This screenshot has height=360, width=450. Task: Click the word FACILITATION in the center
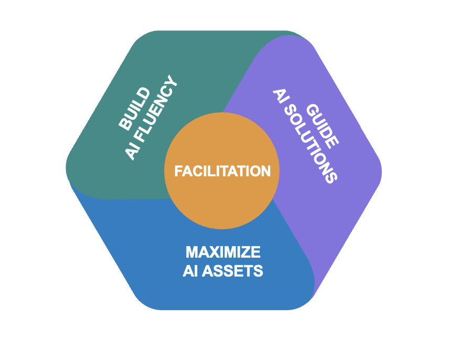click(222, 171)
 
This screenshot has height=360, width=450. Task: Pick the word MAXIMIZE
click(223, 252)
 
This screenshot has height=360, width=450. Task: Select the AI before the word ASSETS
click(189, 271)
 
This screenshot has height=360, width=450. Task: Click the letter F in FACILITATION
click(178, 171)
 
